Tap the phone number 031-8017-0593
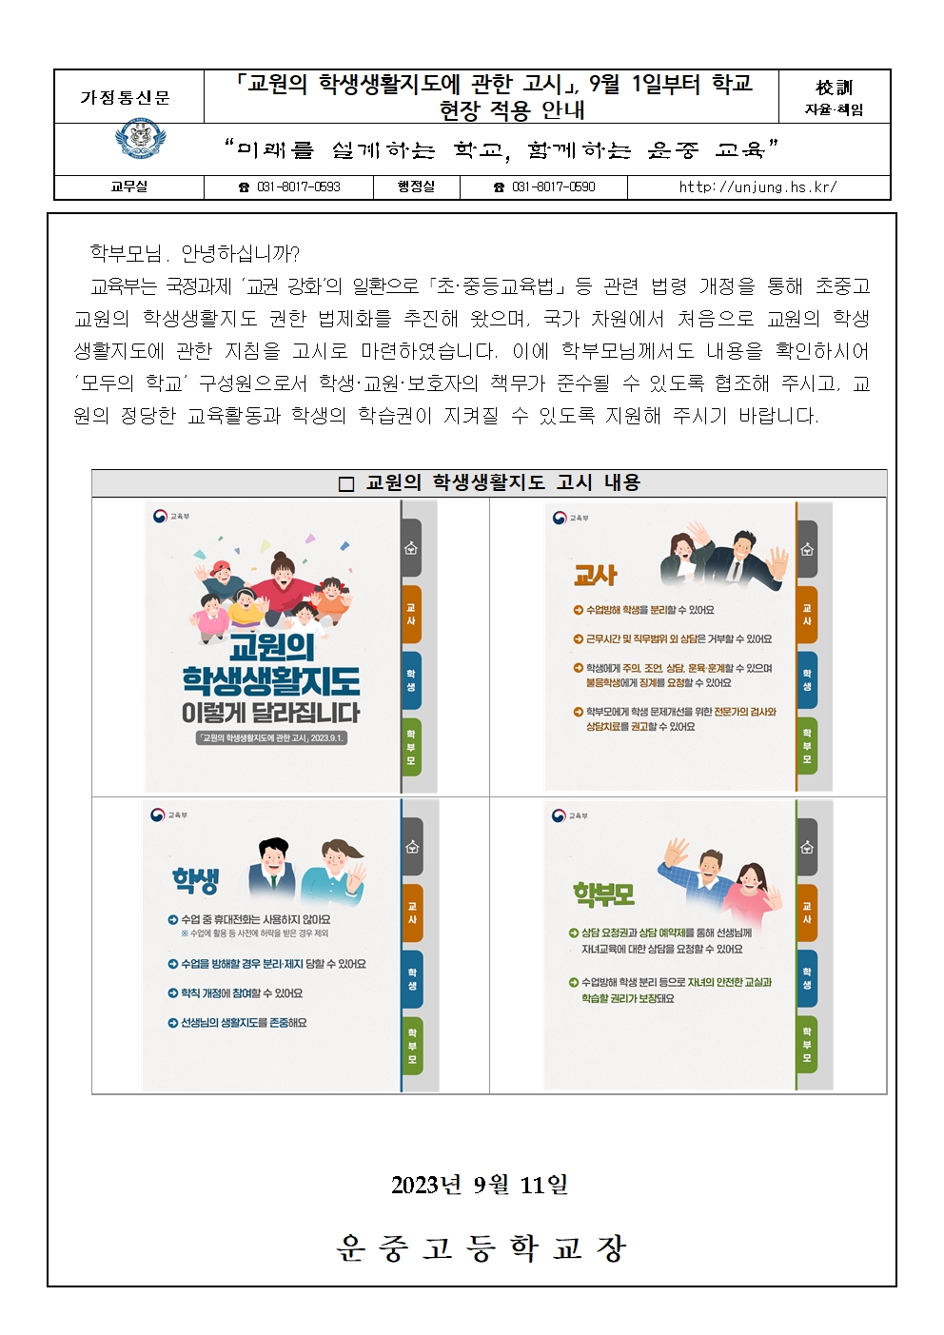[x=298, y=187]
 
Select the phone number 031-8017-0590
[x=553, y=187]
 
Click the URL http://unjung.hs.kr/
[x=758, y=187]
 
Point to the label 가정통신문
[x=126, y=97]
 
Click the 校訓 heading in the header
[x=834, y=88]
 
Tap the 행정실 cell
[x=416, y=187]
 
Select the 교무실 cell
[x=128, y=187]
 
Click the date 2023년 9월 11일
[x=480, y=1186]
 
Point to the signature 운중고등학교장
[x=480, y=1247]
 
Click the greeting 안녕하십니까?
[x=240, y=254]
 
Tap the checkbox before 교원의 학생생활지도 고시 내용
[x=345, y=483]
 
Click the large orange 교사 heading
[x=596, y=576]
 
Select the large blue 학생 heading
[x=195, y=880]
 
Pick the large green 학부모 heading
[x=603, y=894]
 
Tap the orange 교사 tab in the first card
[x=411, y=614]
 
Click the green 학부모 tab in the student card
[x=412, y=1046]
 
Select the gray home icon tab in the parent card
[x=807, y=847]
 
